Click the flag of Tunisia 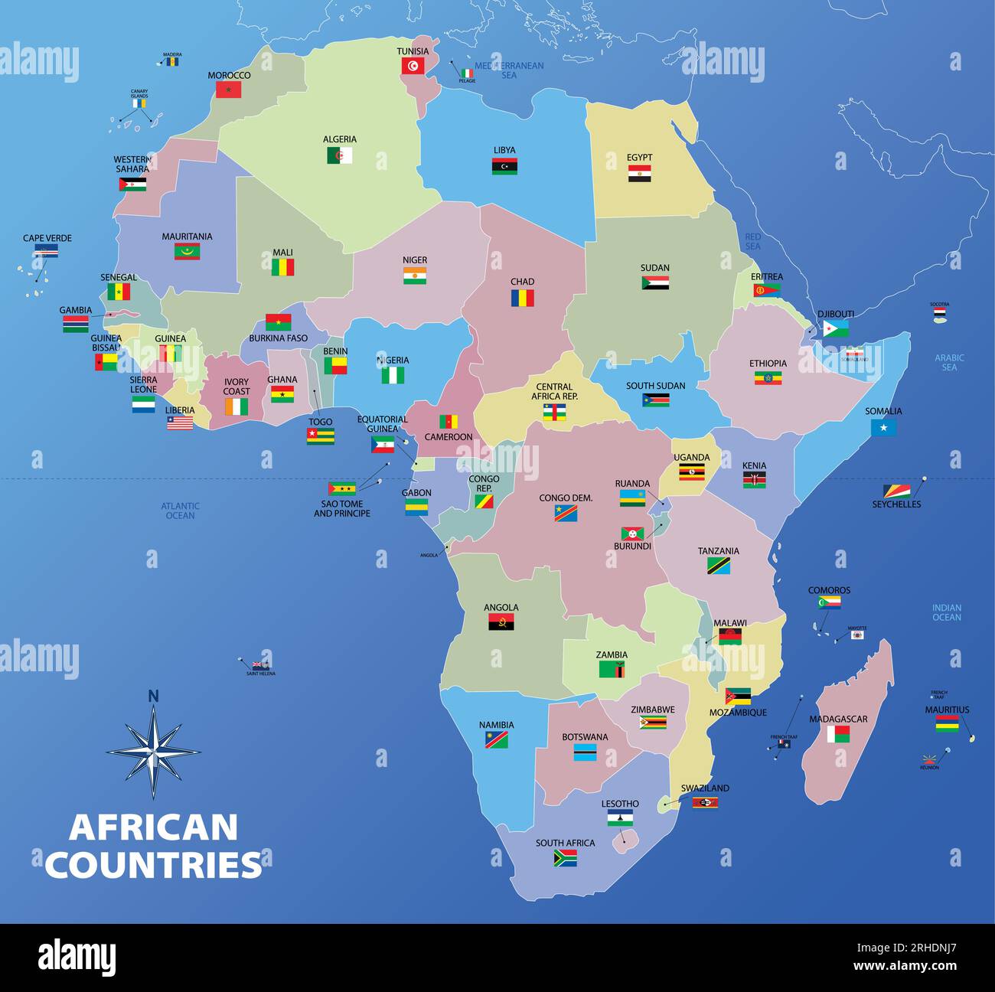[413, 66]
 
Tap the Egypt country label [639, 158]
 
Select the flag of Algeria [340, 155]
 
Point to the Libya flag [504, 166]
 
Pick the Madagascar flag [838, 735]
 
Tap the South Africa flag [565, 858]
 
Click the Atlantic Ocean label [180, 511]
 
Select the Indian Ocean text [946, 612]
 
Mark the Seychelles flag [896, 491]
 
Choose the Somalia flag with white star [883, 428]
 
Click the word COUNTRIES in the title [153, 865]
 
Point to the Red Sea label [752, 242]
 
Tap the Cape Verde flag [46, 251]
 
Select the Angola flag [501, 622]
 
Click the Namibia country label [496, 725]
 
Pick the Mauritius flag [946, 723]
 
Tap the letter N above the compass [153, 696]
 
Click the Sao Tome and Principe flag [341, 489]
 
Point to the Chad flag [522, 298]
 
